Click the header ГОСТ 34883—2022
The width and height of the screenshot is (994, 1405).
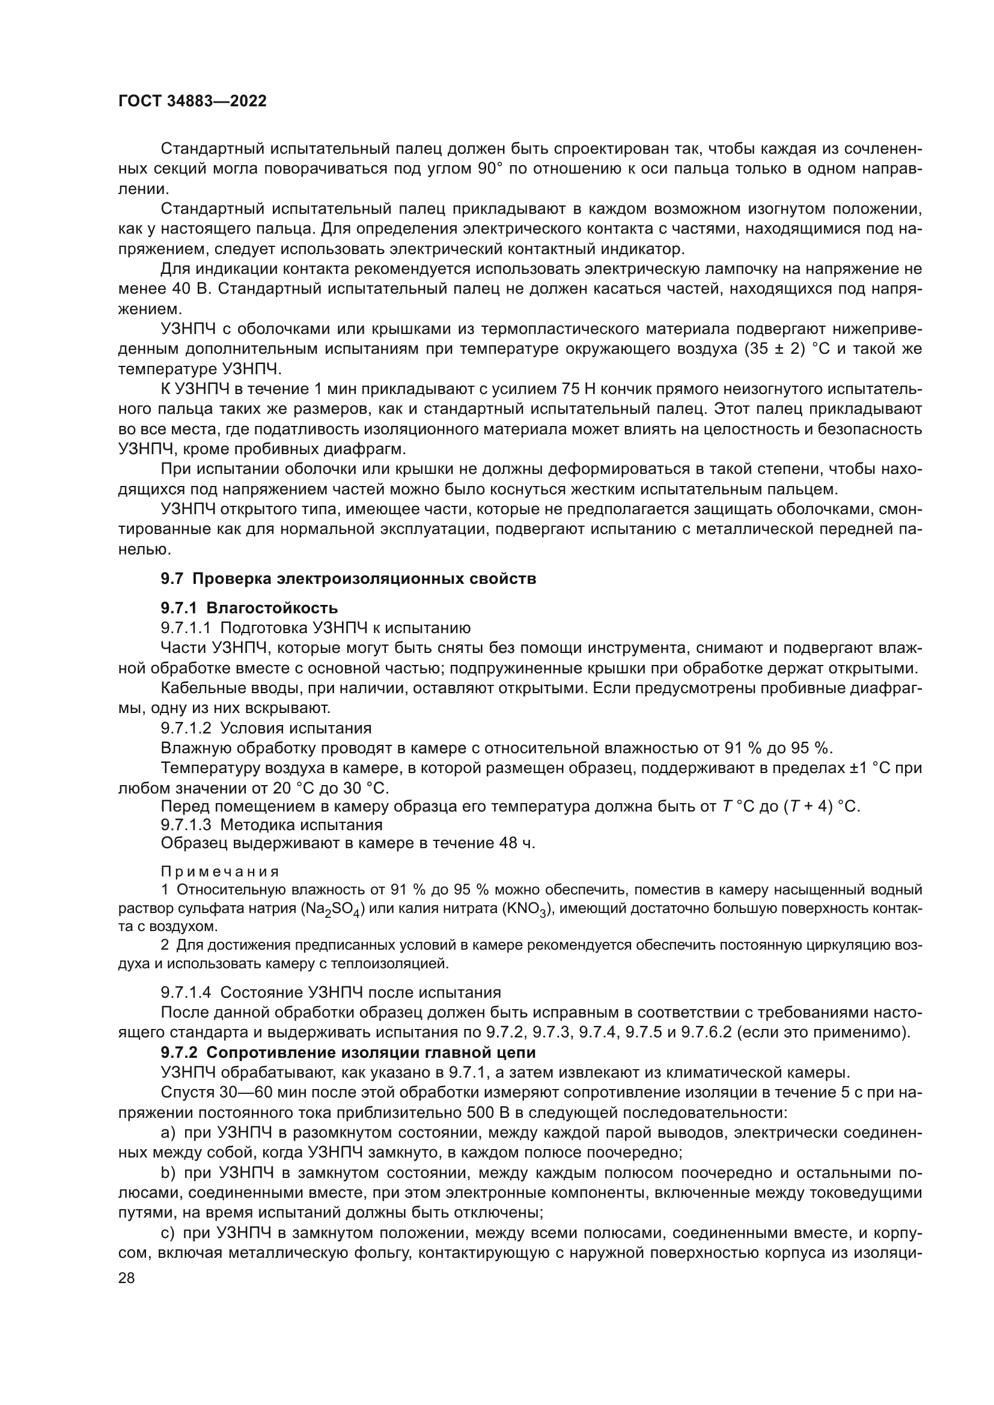tap(192, 102)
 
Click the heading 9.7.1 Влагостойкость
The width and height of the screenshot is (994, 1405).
tap(249, 608)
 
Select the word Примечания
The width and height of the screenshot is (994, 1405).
tap(220, 872)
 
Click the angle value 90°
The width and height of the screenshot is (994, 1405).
tap(489, 169)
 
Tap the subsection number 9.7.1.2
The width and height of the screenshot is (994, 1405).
tap(186, 728)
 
